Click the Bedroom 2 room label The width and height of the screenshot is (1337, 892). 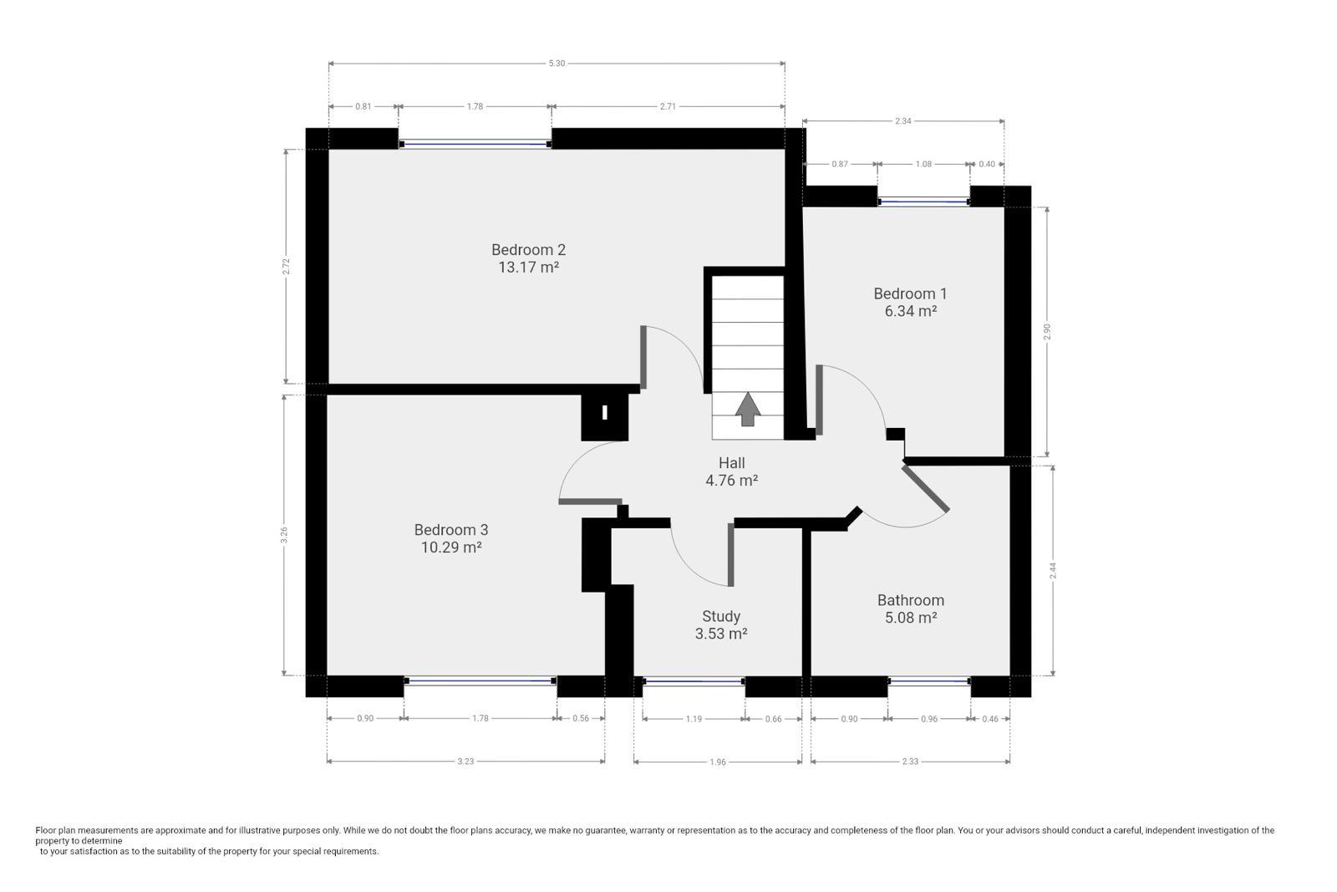click(528, 250)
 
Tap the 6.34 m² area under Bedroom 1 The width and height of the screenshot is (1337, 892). click(910, 311)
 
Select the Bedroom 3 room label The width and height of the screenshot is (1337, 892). click(451, 529)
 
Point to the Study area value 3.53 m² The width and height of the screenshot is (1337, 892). click(721, 634)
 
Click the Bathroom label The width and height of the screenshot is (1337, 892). click(910, 600)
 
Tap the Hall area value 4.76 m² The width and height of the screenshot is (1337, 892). click(732, 480)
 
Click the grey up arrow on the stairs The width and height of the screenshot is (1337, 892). click(747, 409)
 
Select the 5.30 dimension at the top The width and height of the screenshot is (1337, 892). click(557, 64)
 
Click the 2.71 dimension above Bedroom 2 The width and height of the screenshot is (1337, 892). click(668, 106)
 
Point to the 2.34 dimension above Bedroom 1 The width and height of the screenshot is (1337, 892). click(903, 121)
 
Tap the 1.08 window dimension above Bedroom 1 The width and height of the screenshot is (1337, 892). click(923, 164)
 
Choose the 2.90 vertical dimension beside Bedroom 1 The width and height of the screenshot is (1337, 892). click(1046, 332)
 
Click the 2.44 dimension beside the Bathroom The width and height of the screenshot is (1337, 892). click(1053, 571)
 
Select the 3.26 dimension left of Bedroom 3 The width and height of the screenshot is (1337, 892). click(285, 535)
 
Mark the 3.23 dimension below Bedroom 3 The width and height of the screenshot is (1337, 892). click(465, 762)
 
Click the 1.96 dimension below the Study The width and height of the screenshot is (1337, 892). click(718, 762)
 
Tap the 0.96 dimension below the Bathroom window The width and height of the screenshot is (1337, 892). click(929, 719)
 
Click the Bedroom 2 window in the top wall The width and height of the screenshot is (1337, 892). click(475, 144)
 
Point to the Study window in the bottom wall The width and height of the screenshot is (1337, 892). click(694, 680)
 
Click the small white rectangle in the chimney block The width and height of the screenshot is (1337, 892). click(605, 413)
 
